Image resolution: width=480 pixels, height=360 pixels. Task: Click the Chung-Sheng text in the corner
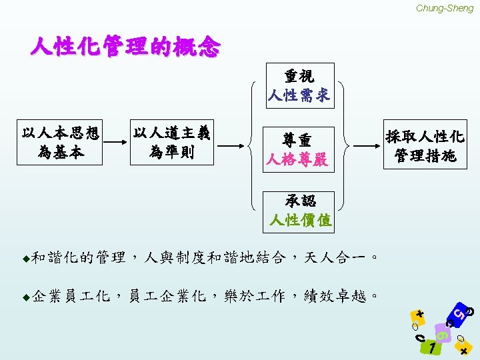[x=444, y=8]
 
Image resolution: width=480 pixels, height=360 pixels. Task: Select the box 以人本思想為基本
[x=61, y=143]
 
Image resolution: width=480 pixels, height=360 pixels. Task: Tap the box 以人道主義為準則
[x=172, y=143]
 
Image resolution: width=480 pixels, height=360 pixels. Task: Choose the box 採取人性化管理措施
[x=425, y=146]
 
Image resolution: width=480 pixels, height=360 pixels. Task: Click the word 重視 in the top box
[x=299, y=76]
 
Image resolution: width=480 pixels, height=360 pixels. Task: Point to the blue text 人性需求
[x=299, y=95]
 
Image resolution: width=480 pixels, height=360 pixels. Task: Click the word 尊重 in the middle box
[x=297, y=141]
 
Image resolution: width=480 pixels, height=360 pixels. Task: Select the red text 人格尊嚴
[x=297, y=160]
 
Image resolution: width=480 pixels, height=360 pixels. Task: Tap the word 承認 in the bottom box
[x=300, y=201]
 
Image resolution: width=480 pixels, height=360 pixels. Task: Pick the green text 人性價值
[x=300, y=220]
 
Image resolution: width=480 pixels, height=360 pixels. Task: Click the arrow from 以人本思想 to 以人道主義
[x=115, y=143]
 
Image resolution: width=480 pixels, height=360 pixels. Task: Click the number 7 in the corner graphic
[x=433, y=348]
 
